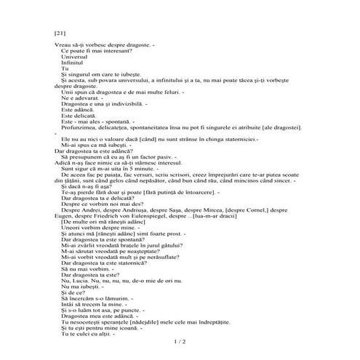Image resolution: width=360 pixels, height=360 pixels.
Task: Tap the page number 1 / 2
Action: click(x=180, y=340)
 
